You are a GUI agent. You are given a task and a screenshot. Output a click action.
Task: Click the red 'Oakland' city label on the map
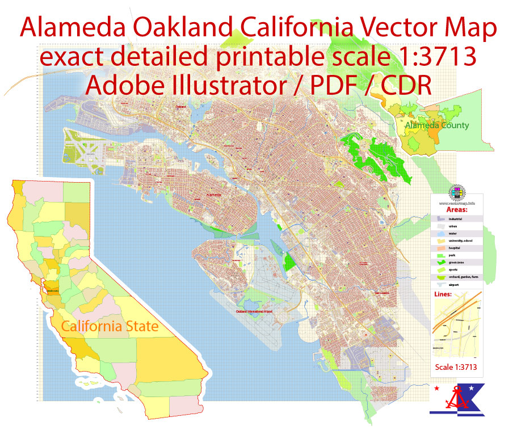180,106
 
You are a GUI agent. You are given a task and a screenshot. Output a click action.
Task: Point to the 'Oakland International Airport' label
255,311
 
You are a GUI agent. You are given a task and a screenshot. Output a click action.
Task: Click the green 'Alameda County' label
437,125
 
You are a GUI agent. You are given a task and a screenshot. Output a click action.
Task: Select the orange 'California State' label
110,327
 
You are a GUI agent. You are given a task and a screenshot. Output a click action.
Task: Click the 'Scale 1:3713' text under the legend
456,367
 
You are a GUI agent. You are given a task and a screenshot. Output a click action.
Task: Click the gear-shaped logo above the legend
457,191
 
